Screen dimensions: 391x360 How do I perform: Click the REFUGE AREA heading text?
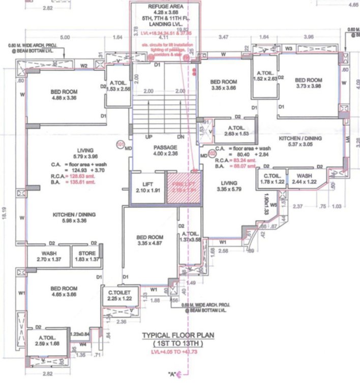coord(162,6)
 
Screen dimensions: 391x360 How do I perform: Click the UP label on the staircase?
coord(149,137)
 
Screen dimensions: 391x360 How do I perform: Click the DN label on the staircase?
coord(180,137)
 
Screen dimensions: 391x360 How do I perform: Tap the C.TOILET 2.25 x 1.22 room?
coord(120,295)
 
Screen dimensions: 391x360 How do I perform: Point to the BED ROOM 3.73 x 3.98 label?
coord(309,83)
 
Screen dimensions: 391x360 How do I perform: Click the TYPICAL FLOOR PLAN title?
coord(177,335)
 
